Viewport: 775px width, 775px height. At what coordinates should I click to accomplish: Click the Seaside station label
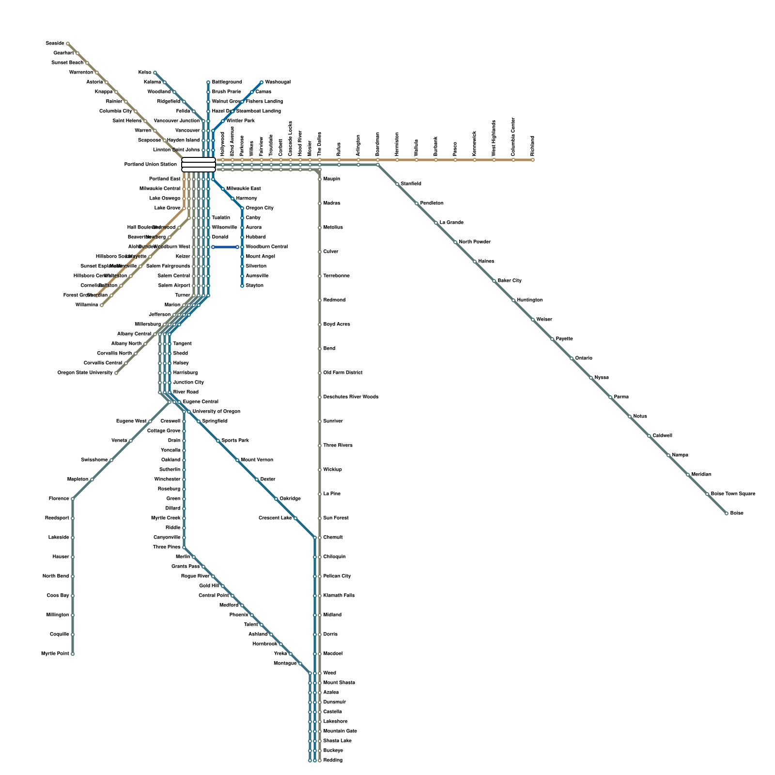(x=55, y=44)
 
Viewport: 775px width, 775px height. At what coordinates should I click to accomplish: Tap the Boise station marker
(x=727, y=513)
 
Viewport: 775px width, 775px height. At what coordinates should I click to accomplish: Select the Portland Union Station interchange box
(x=199, y=165)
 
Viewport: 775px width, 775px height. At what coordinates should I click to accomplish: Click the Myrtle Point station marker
(x=73, y=654)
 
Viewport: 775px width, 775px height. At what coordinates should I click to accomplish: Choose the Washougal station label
(x=278, y=82)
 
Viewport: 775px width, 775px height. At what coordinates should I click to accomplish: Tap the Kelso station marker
(x=155, y=73)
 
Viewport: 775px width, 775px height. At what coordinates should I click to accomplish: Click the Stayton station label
(x=255, y=286)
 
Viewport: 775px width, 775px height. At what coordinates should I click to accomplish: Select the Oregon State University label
(x=85, y=373)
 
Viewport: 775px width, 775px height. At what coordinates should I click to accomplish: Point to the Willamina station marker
(x=102, y=305)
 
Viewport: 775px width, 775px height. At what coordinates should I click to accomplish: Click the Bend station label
(x=329, y=349)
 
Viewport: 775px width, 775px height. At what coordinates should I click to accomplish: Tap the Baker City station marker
(x=494, y=281)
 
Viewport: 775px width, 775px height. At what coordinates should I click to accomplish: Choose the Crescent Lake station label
(x=275, y=518)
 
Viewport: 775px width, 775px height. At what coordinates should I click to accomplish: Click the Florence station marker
(x=73, y=499)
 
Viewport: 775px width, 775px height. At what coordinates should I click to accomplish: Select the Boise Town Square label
(x=733, y=494)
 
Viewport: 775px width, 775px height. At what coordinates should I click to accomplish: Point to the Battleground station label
(x=227, y=82)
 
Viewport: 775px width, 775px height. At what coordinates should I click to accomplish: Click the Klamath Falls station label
(x=339, y=596)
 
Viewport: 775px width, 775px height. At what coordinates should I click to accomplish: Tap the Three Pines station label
(x=167, y=547)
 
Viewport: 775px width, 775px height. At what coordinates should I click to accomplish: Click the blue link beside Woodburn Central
(x=225, y=247)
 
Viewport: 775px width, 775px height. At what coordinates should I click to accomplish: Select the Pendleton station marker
(x=417, y=203)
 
